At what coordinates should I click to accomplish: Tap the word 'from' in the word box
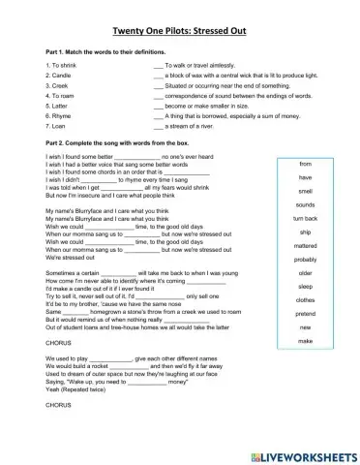pos(305,165)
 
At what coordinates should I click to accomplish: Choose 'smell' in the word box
pos(305,192)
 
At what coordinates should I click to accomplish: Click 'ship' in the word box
pos(305,232)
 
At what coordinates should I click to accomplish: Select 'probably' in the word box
pos(305,260)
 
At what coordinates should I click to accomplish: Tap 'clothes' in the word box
pos(305,300)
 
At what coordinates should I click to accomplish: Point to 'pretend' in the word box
pos(305,314)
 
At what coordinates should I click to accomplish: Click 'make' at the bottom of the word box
pos(305,342)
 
